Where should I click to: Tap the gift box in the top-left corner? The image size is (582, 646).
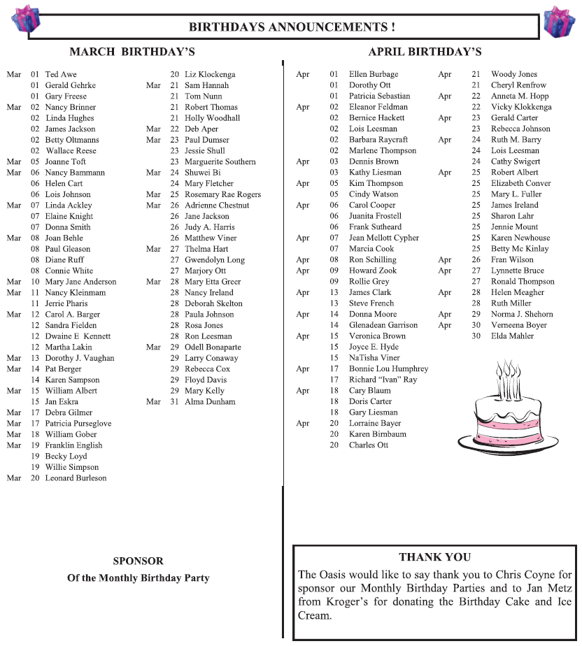(x=27, y=20)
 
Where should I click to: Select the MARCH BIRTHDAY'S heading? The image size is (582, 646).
(x=132, y=52)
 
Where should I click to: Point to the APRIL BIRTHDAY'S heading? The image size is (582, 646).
(x=425, y=52)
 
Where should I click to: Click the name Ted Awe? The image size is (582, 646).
(x=61, y=74)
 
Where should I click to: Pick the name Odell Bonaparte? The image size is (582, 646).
(x=213, y=347)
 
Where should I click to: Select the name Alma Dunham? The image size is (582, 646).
(x=210, y=402)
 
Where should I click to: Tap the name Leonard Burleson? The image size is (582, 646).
(x=76, y=478)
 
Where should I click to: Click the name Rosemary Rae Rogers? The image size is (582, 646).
(x=222, y=194)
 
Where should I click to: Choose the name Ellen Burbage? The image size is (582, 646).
(x=374, y=74)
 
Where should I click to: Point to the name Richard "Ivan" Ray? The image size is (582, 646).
(x=383, y=380)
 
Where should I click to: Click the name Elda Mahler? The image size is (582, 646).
(x=512, y=336)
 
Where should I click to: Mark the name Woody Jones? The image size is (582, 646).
(x=514, y=74)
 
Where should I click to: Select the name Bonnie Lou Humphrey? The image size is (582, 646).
(x=388, y=368)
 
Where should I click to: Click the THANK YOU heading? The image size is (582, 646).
(x=434, y=557)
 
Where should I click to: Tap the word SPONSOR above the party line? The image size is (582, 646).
(x=138, y=561)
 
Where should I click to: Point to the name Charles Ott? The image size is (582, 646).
(x=368, y=445)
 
